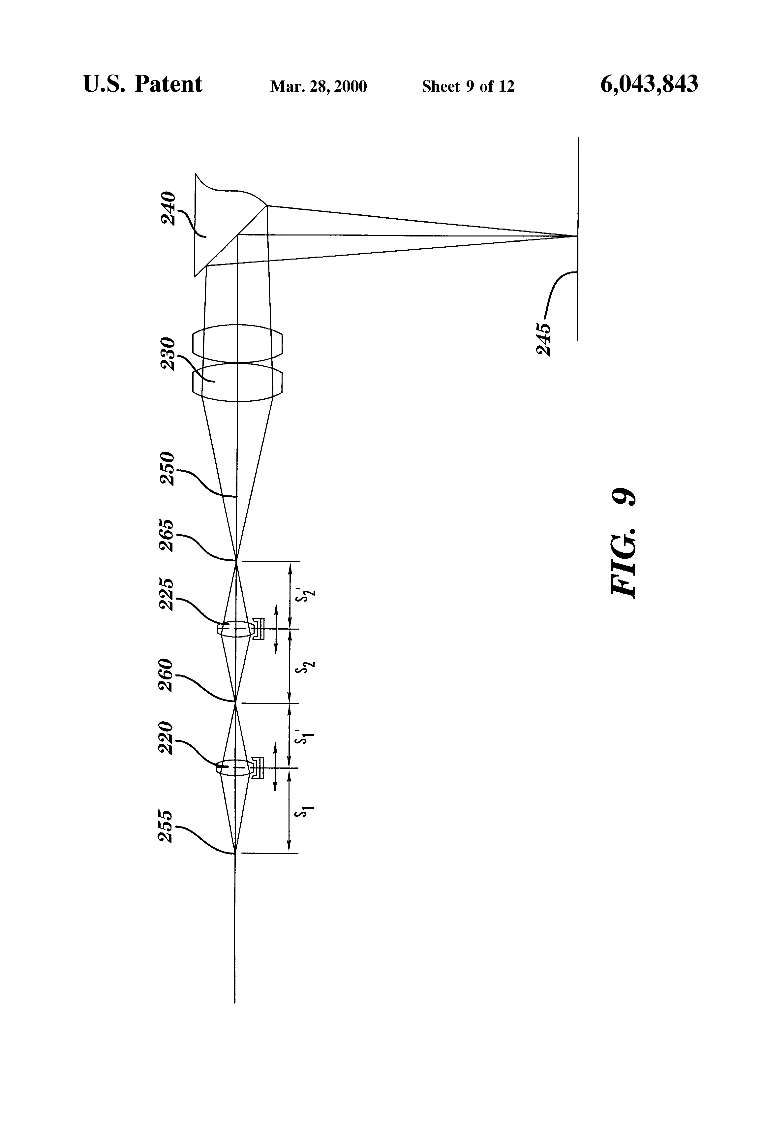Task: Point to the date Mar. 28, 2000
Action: (x=318, y=86)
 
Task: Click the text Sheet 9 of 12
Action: (x=468, y=86)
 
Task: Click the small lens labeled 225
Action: (x=235, y=629)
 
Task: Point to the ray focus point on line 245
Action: (x=577, y=236)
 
